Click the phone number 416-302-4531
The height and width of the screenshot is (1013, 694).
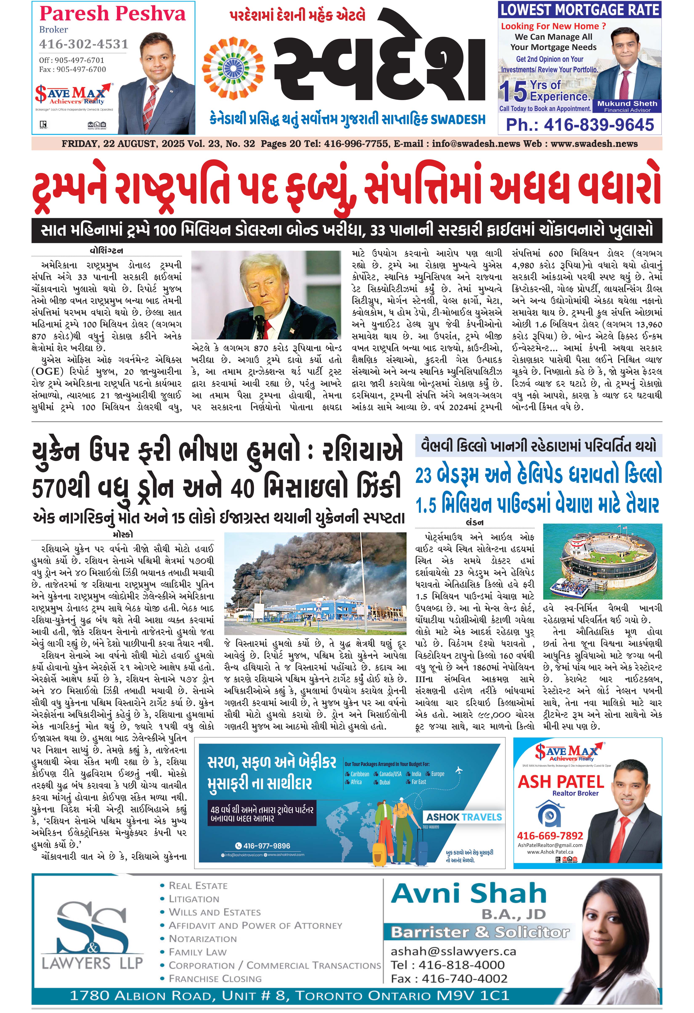pyautogui.click(x=84, y=44)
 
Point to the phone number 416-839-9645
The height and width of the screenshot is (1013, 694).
pyautogui.click(x=580, y=125)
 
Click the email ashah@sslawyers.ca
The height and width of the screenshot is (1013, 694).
pyautogui.click(x=453, y=951)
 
